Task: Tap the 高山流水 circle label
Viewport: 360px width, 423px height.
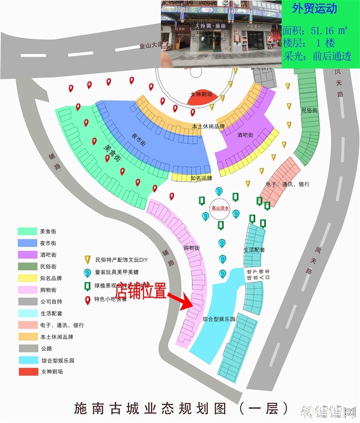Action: pos(220,208)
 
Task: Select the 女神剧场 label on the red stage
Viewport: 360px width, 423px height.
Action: pos(201,94)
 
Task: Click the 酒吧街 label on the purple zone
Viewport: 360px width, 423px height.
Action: pos(245,135)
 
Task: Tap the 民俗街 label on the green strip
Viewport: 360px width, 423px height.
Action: pos(309,110)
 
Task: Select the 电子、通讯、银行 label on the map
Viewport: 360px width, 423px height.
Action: pos(288,184)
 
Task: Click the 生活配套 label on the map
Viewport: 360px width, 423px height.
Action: pos(254,250)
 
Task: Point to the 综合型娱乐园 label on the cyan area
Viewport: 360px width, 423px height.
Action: pos(219,319)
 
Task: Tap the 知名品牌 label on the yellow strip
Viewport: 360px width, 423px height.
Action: pos(201,178)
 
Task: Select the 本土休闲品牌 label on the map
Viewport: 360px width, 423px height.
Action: pos(208,127)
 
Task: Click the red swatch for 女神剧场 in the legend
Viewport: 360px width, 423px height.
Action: pos(28,372)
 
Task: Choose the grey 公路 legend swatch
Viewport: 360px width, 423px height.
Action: pos(28,348)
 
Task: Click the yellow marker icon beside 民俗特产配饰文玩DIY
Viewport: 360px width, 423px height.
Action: pos(88,260)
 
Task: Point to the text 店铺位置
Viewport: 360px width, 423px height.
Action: pos(140,290)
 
